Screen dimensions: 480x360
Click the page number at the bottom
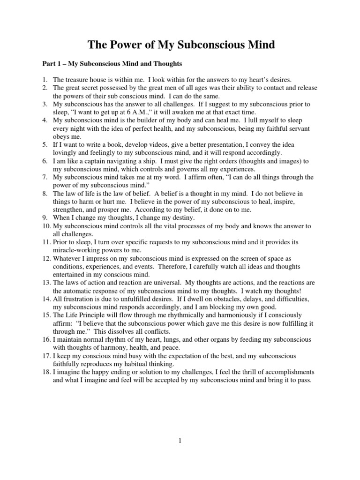click(180, 441)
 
